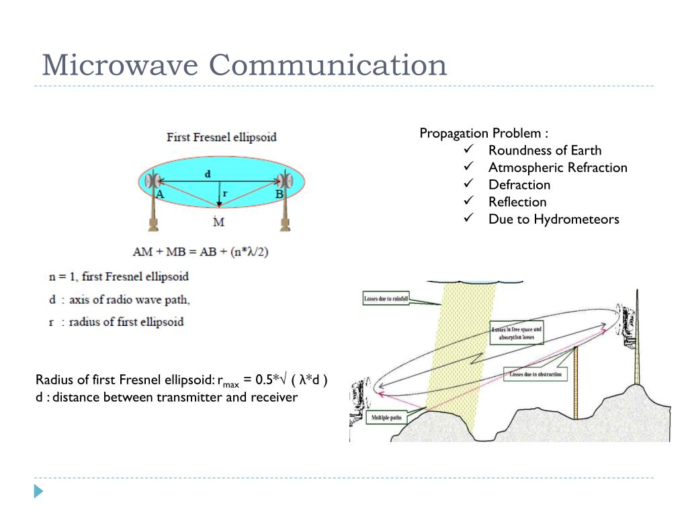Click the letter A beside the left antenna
click(160, 194)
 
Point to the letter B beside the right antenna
click(279, 194)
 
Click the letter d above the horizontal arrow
click(208, 173)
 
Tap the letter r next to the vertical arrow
click(225, 193)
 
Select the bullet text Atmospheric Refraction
click(558, 167)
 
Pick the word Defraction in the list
click(519, 185)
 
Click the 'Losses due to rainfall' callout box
click(386, 298)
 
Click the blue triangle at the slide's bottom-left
click(38, 491)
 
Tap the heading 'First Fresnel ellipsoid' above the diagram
click(221, 137)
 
